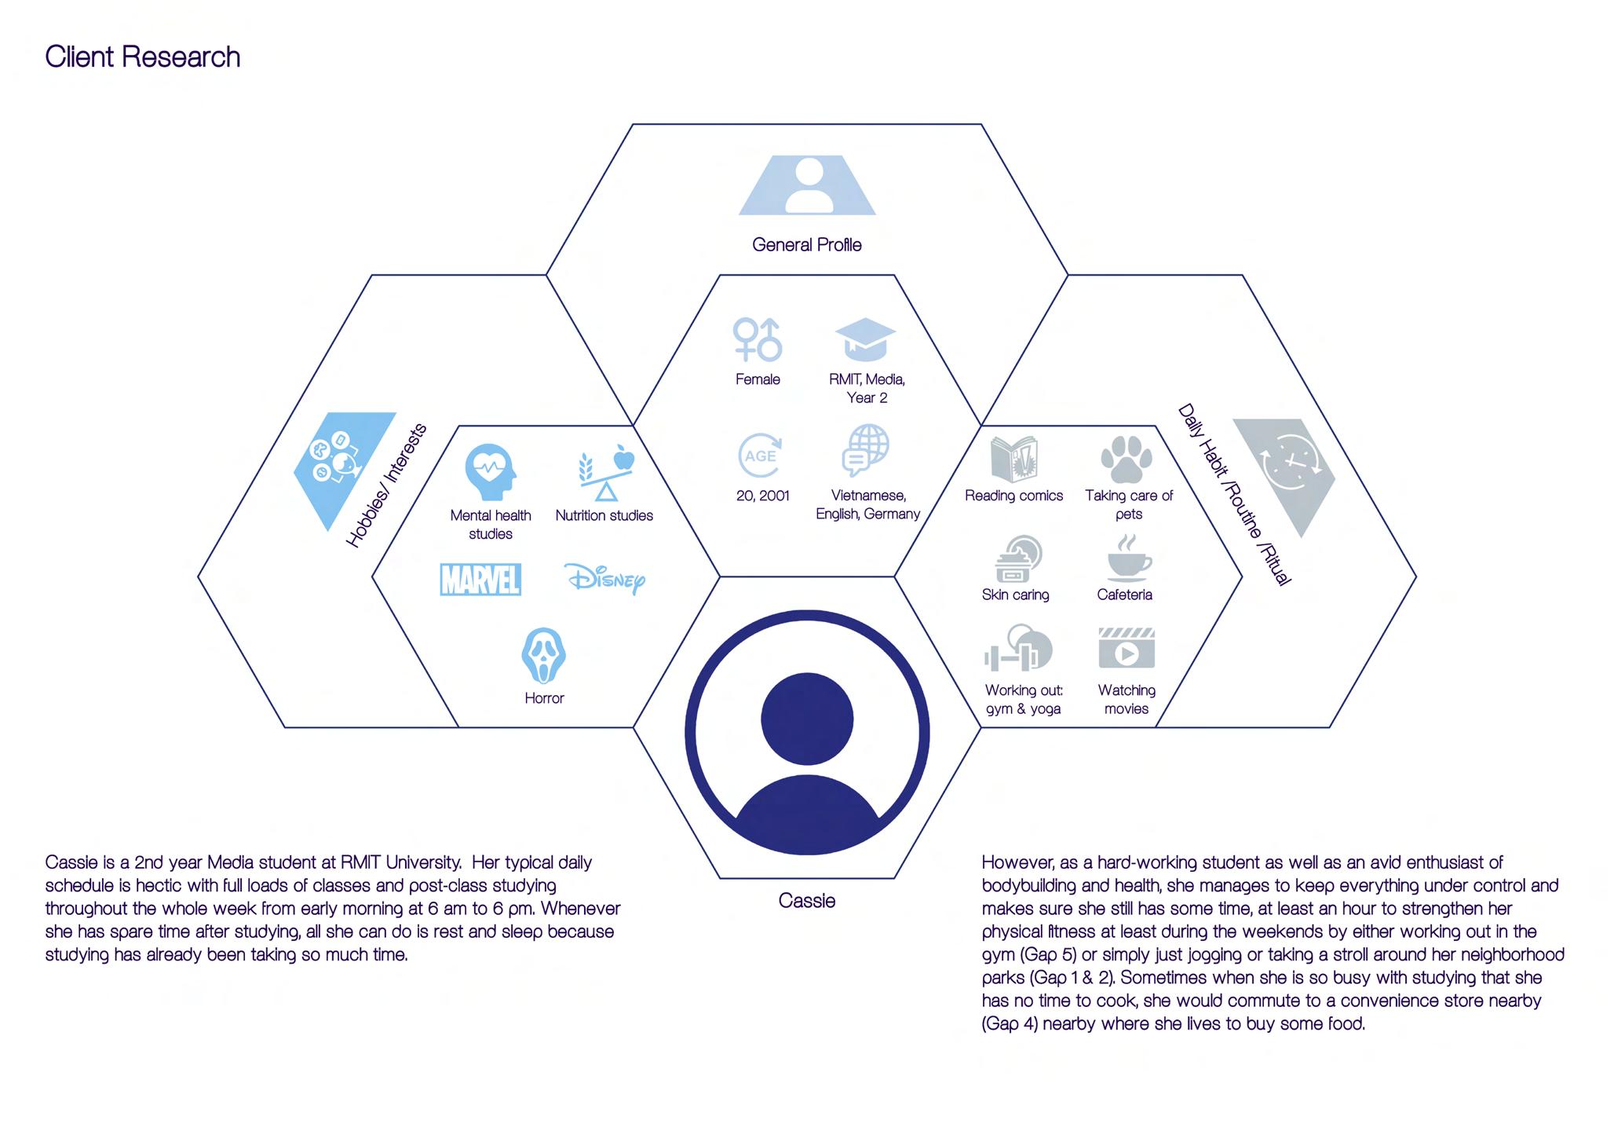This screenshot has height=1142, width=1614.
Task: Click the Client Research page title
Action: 142,57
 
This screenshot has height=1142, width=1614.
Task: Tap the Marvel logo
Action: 480,580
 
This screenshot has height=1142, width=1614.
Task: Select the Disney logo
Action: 605,579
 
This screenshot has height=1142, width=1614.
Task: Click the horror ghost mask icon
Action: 543,655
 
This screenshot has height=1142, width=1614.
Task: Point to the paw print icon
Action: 1127,459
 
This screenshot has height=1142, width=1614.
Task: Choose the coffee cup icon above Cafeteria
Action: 1127,558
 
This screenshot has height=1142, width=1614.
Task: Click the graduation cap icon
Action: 865,339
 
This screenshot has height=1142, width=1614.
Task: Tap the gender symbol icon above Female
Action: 758,339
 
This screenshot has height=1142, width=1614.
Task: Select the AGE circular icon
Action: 760,456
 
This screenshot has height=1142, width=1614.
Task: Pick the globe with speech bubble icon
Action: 866,450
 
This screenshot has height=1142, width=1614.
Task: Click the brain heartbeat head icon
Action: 491,472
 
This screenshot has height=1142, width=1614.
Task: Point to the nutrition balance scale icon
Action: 605,473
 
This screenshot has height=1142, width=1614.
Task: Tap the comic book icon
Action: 1013,459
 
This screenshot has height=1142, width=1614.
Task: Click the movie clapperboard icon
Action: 1127,649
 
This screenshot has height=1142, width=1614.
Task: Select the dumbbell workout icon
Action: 1018,649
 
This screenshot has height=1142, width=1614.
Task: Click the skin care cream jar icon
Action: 1018,558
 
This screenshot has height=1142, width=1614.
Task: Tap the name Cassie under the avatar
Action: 806,901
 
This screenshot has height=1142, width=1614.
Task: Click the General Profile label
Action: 806,245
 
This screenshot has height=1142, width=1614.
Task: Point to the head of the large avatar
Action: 806,719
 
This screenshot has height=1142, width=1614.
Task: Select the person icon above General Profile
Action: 807,185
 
